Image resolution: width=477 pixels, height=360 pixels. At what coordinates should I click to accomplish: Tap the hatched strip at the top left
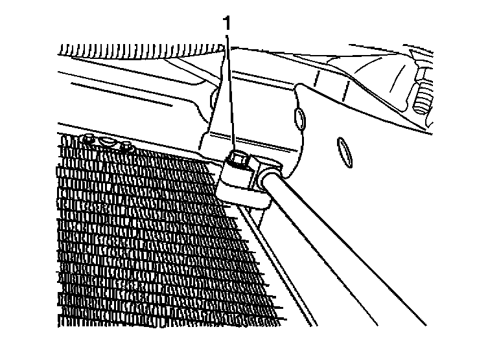pyautogui.click(x=130, y=49)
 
